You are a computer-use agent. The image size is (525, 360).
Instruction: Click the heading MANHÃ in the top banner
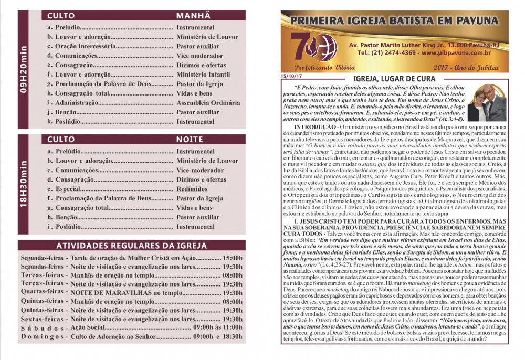193,16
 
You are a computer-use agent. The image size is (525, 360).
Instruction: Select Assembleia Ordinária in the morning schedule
208,103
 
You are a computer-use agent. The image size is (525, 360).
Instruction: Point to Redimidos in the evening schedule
192,189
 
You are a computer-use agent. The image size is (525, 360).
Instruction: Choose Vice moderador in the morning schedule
199,56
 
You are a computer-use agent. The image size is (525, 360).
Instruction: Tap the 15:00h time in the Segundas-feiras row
233,258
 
